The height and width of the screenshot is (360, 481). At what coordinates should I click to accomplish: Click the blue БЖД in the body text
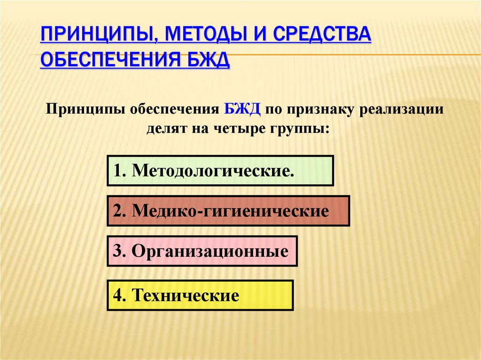click(242, 109)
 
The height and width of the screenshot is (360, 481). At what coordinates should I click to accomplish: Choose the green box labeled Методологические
click(220, 170)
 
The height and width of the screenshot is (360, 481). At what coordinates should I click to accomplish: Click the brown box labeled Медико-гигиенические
click(228, 211)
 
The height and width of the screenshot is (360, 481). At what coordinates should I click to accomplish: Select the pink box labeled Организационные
click(202, 251)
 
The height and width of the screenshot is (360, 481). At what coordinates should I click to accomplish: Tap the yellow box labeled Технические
click(200, 295)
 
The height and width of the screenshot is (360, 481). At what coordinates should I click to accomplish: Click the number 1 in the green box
click(116, 170)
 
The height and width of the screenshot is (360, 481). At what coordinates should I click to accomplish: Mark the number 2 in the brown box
click(117, 211)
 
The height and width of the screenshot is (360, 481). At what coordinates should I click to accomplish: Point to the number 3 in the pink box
click(117, 251)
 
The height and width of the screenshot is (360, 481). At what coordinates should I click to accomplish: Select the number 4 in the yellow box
click(117, 295)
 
